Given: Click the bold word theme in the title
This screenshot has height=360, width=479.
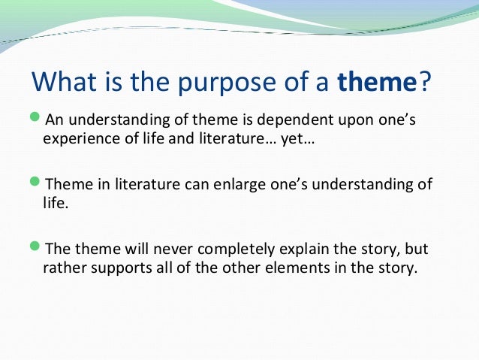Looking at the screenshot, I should tap(376, 80).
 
